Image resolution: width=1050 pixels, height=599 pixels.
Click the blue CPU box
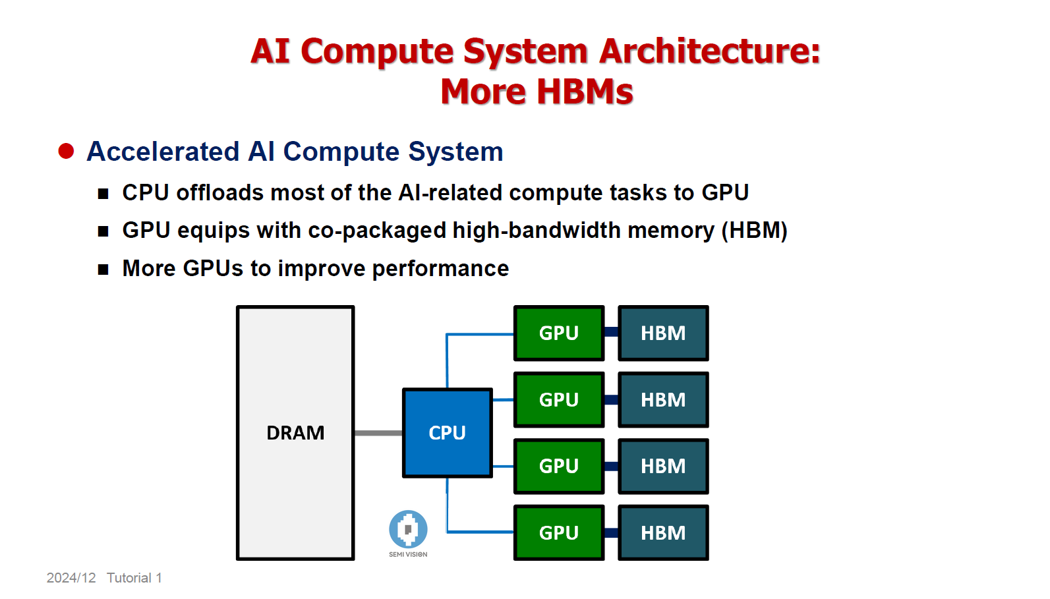[x=447, y=433]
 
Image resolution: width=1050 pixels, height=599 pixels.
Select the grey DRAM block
[x=295, y=433]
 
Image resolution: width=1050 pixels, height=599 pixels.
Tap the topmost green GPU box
[x=558, y=333]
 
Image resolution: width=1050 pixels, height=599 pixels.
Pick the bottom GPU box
[x=558, y=532]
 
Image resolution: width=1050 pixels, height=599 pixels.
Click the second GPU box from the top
[x=558, y=399]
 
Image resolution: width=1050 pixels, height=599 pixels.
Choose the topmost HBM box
[x=663, y=333]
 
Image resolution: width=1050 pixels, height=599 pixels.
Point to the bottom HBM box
[x=663, y=532]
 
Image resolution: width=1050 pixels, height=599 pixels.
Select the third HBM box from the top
[x=663, y=466]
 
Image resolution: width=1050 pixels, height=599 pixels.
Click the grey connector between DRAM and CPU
[x=378, y=433]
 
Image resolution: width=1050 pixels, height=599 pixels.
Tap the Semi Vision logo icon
[x=408, y=529]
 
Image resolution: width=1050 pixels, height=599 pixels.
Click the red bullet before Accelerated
[x=66, y=152]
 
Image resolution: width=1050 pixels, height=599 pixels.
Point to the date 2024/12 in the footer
[x=71, y=578]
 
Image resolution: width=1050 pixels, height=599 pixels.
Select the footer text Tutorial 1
[x=134, y=578]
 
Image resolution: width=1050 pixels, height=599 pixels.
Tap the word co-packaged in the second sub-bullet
[x=377, y=231]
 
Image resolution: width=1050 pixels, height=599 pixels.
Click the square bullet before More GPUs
[x=103, y=270]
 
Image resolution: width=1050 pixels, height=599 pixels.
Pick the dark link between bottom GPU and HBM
[x=611, y=532]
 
